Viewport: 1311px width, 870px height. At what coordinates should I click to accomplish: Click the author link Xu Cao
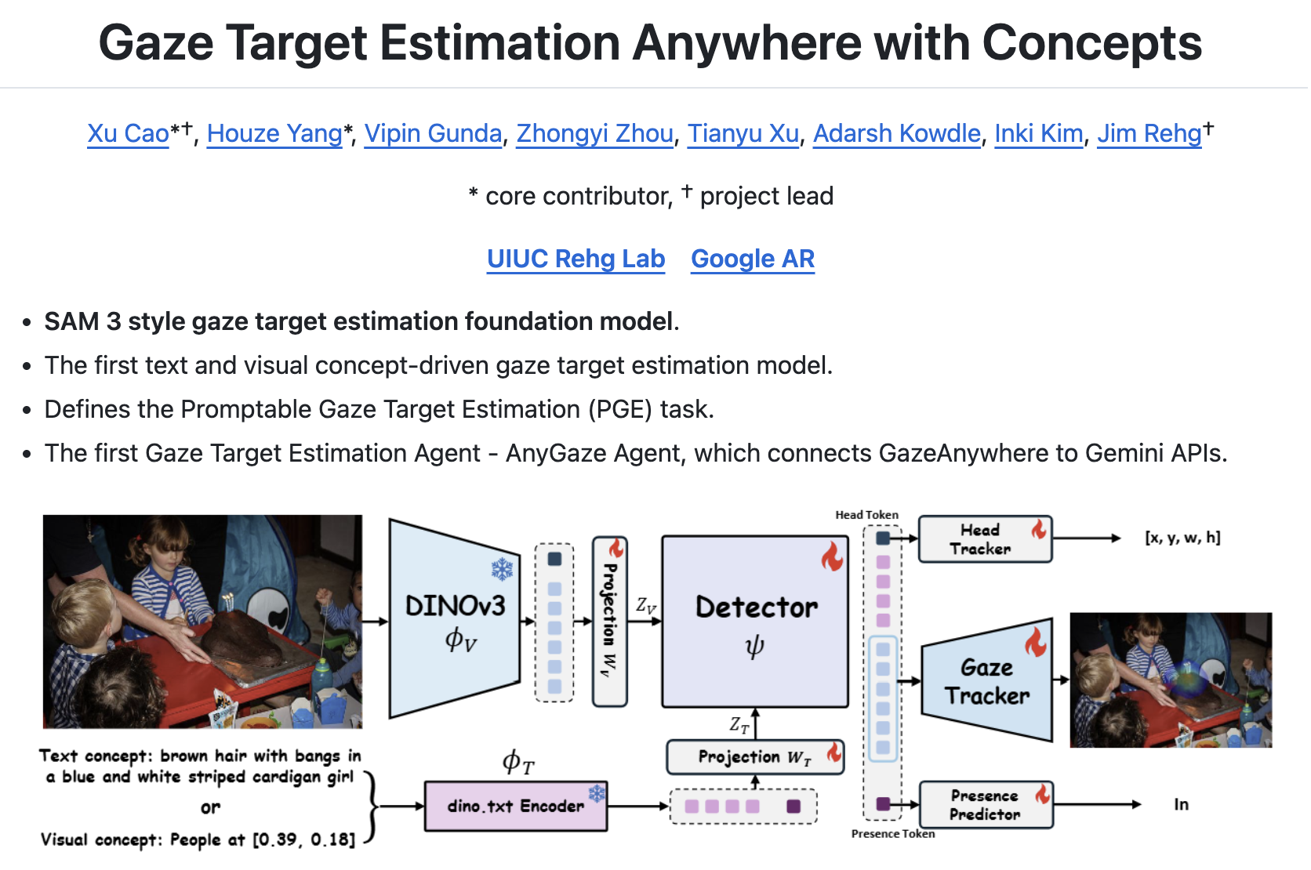tap(128, 134)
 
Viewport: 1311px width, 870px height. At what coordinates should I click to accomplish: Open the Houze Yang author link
tap(274, 134)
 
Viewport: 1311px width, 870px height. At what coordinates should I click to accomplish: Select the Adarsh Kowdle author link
tap(896, 134)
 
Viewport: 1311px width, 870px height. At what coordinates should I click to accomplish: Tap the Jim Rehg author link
tap(1149, 134)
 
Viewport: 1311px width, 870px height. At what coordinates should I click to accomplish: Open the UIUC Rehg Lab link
tap(576, 259)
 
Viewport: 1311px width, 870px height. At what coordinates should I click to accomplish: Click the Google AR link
tap(753, 259)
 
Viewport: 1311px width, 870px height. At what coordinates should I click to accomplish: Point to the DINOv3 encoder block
tap(455, 619)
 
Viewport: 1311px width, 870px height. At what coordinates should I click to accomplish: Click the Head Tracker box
tap(984, 539)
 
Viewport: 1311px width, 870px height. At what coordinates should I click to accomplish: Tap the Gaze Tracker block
tap(986, 681)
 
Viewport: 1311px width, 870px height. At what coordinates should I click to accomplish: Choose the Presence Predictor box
tap(986, 805)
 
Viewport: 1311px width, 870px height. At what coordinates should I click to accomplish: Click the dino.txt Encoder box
tap(515, 806)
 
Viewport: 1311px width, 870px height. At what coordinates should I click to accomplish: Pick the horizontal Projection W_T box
tap(754, 757)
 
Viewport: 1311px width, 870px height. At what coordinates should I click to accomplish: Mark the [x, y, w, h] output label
tap(1182, 538)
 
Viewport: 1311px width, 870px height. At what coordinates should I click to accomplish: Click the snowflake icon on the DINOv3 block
tap(502, 569)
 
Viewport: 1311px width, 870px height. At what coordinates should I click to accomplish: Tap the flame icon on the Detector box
tap(832, 557)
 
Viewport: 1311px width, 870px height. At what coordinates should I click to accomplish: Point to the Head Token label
tap(866, 515)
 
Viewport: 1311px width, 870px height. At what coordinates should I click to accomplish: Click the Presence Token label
tap(893, 834)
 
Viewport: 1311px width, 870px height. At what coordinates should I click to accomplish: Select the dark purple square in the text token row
tap(793, 807)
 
